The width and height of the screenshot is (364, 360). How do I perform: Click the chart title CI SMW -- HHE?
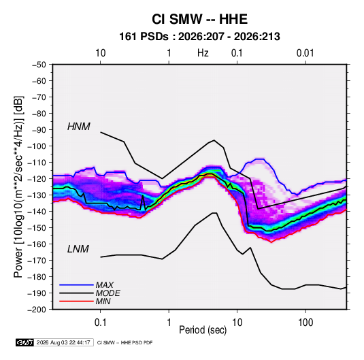tap(199, 19)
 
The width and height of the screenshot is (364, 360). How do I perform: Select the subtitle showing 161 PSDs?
tap(199, 37)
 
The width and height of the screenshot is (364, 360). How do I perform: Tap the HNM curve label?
tap(79, 127)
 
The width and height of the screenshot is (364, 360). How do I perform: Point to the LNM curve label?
tap(78, 249)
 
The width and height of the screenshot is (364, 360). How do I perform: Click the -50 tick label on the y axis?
tap(39, 65)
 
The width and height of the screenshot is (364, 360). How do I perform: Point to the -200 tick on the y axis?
tap(37, 310)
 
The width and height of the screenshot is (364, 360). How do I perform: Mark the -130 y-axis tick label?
tap(37, 195)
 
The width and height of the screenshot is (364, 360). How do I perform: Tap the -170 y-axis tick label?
tap(37, 261)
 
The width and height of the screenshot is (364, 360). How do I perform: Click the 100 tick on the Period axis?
tap(305, 322)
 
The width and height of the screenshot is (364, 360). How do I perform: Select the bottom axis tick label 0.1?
tap(100, 322)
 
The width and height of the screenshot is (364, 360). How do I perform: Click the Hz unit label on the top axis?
tap(203, 53)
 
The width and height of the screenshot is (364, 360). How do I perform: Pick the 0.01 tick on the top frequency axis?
tap(305, 53)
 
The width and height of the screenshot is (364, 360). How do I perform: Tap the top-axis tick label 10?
tap(101, 53)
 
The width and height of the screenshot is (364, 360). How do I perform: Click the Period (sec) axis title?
tap(203, 330)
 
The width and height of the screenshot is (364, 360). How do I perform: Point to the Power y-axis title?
tap(18, 186)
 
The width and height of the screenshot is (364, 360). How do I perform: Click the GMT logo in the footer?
tap(25, 342)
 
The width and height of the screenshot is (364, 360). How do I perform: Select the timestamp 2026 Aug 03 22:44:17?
tap(63, 342)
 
